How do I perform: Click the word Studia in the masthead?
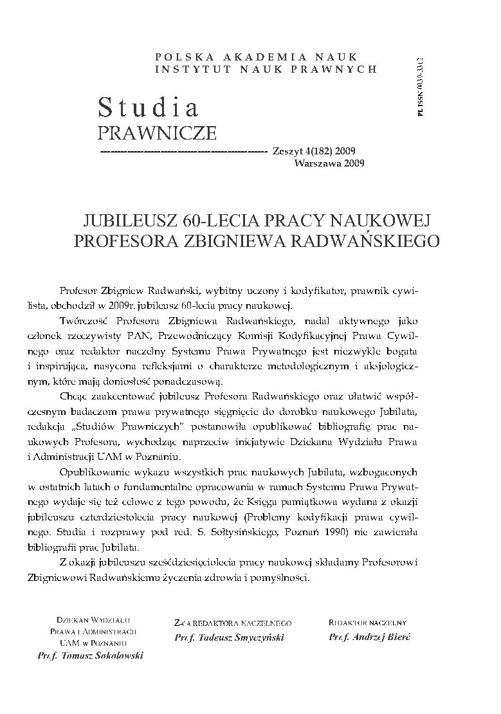[x=148, y=107]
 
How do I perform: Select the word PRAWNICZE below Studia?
[x=156, y=133]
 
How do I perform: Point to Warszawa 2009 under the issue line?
[x=329, y=163]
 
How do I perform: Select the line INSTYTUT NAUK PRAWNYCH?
[x=266, y=69]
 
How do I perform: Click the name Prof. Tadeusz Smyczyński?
[x=229, y=637]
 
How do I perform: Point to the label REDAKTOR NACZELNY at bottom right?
[x=367, y=622]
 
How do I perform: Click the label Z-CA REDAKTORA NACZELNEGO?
[x=233, y=623]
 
